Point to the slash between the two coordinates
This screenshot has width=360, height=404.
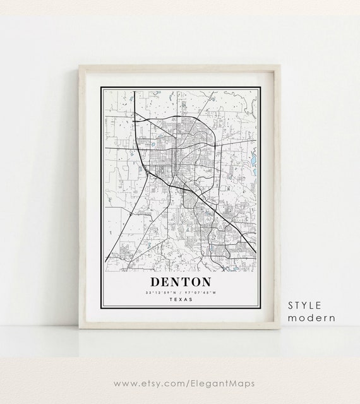(x=181, y=292)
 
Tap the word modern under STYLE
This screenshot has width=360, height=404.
(x=311, y=318)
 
